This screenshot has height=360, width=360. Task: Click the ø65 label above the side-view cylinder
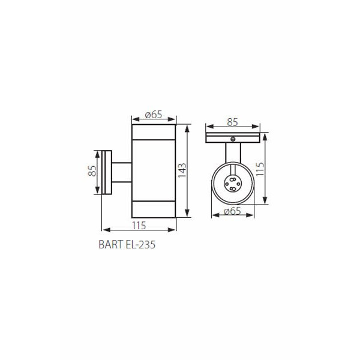coord(154,115)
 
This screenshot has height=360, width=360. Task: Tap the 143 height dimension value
coord(182,170)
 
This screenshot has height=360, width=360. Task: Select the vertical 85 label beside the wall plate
coord(92,171)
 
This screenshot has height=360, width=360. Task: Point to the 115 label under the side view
coord(139,226)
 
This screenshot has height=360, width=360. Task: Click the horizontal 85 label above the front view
coord(232,122)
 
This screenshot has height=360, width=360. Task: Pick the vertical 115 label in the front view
coord(260,169)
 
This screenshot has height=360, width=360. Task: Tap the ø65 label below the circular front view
coord(232,211)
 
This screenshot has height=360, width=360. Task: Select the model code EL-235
coord(141,245)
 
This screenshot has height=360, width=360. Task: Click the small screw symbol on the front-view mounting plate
coord(233,139)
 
